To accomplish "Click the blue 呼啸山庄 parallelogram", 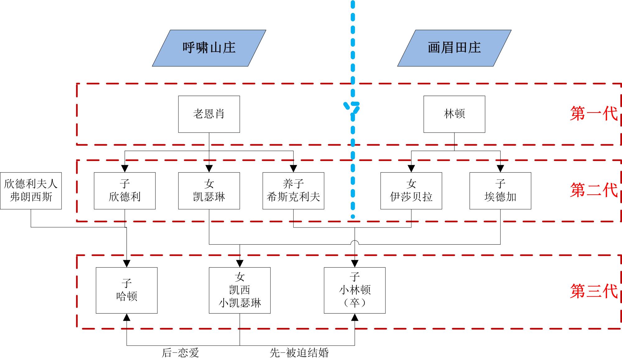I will [x=209, y=48].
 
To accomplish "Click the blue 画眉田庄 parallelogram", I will [x=454, y=48].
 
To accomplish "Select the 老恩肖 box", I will [x=209, y=114].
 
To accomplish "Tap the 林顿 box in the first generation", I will [x=454, y=114].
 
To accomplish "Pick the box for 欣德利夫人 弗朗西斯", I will [x=31, y=191].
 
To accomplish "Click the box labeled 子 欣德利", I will [x=125, y=191].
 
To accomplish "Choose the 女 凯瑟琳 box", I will [x=209, y=191].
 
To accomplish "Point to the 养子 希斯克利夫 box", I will [x=293, y=191].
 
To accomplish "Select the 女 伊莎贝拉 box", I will [x=411, y=191].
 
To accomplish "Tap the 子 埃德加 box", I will [x=500, y=191].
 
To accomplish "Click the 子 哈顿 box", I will [x=127, y=290].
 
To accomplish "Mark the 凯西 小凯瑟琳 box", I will [x=239, y=290].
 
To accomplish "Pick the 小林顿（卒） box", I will [x=355, y=290].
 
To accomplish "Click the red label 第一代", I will [x=593, y=113].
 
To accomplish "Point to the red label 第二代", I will [x=593, y=190].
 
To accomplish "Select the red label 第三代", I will [x=593, y=291].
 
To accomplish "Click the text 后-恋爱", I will [x=180, y=353].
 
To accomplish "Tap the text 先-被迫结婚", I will [x=299, y=353].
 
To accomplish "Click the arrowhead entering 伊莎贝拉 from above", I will [x=411, y=169].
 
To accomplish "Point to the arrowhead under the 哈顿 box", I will [x=127, y=317].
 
